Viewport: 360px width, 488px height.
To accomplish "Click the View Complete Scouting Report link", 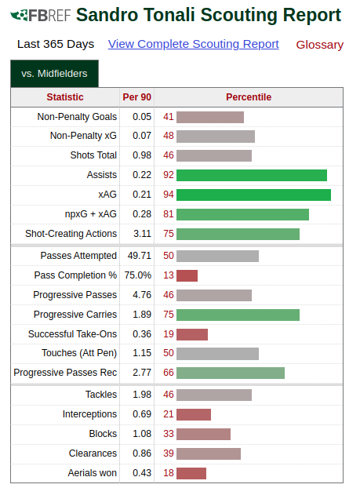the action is pos(193,44).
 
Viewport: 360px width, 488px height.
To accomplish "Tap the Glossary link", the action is pos(319,45).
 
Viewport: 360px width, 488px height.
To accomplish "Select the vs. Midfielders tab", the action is pos(54,74).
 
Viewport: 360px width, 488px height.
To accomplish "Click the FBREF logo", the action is pos(41,15).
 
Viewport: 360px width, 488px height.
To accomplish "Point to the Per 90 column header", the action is pos(137,97).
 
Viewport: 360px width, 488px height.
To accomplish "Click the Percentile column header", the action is pos(249,97).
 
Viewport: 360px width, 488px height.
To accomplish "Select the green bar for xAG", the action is pos(253,195).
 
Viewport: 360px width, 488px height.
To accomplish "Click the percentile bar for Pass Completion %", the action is pos(187,275).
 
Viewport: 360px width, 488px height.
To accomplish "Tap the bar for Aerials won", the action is pos(191,473).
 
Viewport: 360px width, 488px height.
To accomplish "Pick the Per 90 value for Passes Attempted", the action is pos(139,256).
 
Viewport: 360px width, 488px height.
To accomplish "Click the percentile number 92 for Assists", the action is pos(169,175).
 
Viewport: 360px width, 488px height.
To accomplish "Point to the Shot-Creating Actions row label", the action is pos(71,234).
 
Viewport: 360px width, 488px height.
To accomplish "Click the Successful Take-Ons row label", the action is pos(72,334).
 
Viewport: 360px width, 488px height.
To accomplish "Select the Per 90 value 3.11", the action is pos(142,234).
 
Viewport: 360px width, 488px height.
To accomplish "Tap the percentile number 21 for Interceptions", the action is pos(169,414).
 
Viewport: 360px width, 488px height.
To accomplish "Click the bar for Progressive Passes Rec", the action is pos(231,373).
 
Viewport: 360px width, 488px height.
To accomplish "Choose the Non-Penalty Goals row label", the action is pos(77,117).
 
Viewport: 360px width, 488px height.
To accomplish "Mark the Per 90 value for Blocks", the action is pos(142,434).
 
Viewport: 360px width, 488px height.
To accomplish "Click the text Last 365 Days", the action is pos(56,44).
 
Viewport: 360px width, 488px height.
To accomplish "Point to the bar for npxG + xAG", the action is pos(242,215).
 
